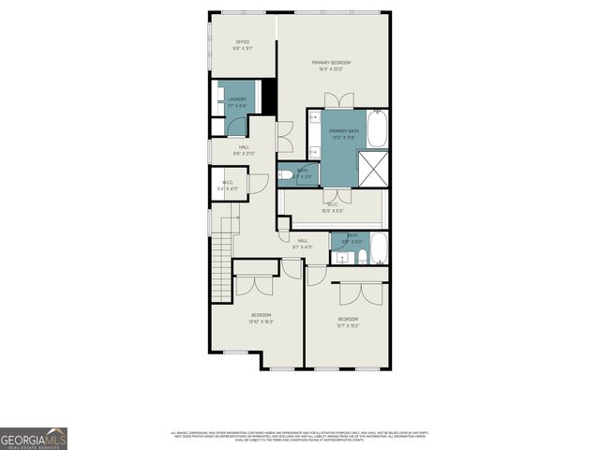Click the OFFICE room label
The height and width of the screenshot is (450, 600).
pos(242,42)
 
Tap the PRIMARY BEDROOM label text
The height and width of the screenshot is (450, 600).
pos(332,62)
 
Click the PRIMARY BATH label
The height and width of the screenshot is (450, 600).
pos(343,131)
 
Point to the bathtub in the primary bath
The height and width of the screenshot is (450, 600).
pos(378,129)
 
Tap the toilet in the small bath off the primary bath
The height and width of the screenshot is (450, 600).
pos(285,174)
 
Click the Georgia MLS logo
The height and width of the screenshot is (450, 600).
pos(33,438)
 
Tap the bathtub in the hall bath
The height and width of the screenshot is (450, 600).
pos(378,250)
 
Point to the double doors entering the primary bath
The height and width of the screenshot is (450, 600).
pos(338,101)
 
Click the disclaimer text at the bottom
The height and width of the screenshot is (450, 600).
pos(300,435)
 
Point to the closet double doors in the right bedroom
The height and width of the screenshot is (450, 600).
pos(350,292)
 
